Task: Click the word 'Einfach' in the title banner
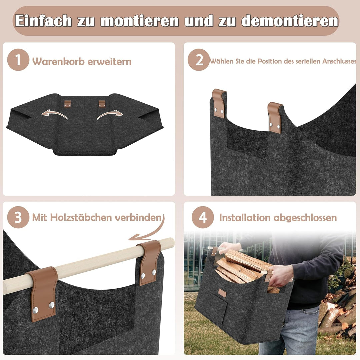pyautogui.click(x=43, y=21)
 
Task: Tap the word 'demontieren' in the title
pyautogui.click(x=289, y=21)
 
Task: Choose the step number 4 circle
pyautogui.click(x=203, y=218)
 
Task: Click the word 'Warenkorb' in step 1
pyautogui.click(x=59, y=62)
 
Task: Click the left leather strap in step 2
pyautogui.click(x=219, y=103)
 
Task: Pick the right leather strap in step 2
pyautogui.click(x=274, y=117)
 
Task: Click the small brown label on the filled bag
pyautogui.click(x=222, y=293)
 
